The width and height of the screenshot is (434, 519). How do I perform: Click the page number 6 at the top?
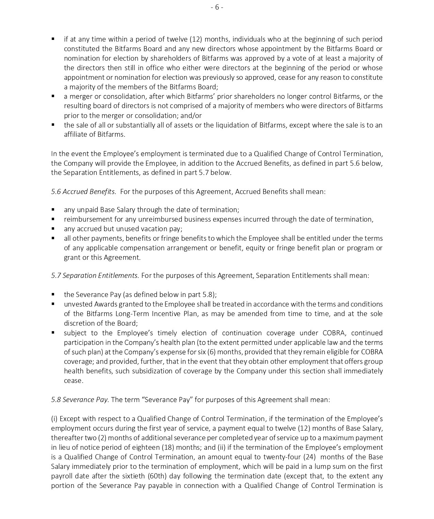tap(217, 7)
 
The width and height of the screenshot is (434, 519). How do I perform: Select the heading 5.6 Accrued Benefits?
tap(83, 192)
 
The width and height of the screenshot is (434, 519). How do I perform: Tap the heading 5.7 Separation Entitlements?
tap(95, 276)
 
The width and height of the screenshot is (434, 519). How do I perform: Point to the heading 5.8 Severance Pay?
tap(80, 400)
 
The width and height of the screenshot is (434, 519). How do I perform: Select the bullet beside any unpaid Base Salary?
tap(53, 209)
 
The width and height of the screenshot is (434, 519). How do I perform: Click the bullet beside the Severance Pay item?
tap(53, 294)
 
